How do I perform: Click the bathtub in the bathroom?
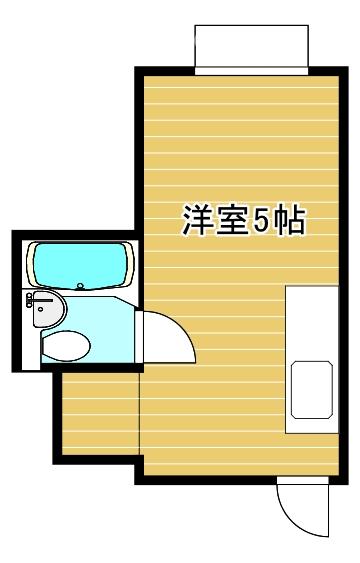click(80, 265)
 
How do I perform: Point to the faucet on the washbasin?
click(34, 300)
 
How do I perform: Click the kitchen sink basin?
click(310, 390)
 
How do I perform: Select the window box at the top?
click(250, 48)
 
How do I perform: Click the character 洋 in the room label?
click(196, 220)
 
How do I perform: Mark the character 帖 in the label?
click(290, 220)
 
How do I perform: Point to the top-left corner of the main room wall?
click(138, 70)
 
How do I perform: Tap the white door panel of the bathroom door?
click(144, 340)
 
